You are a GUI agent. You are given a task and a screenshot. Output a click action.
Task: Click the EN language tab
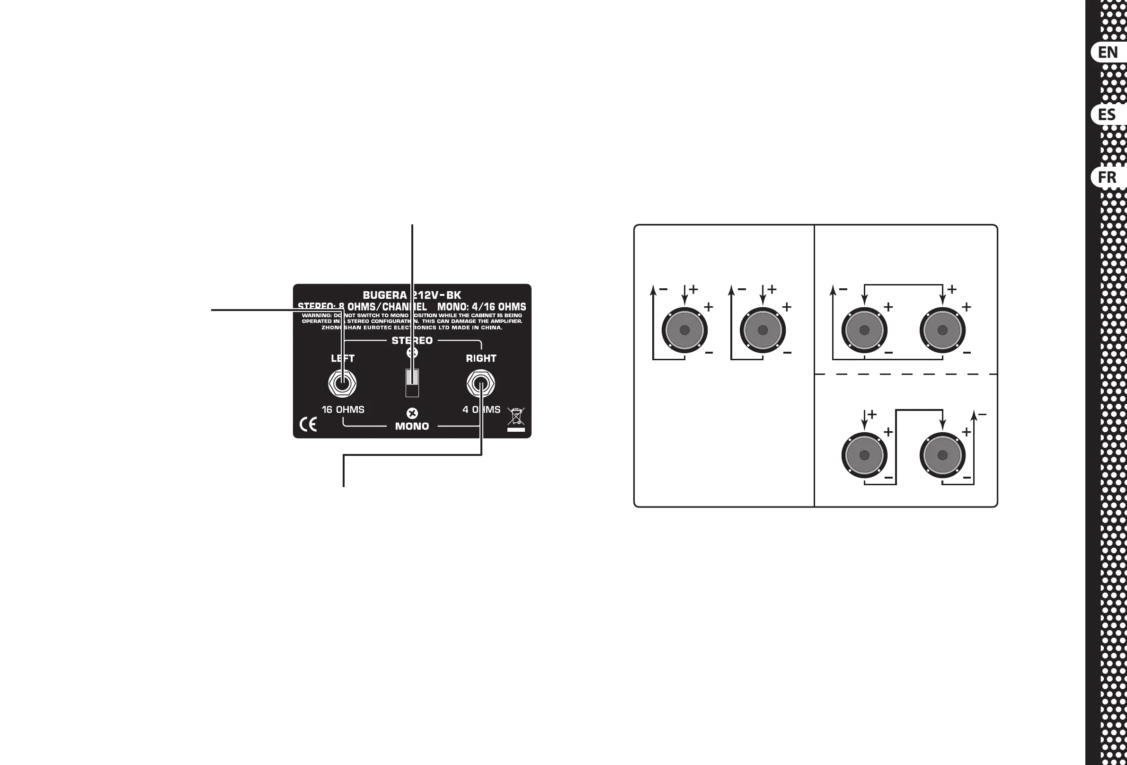coord(1108,52)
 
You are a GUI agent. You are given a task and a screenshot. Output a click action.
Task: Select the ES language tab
coord(1108,115)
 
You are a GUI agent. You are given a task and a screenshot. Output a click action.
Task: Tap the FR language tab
coord(1108,177)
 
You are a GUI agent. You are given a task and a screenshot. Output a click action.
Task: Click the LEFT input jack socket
coord(342,384)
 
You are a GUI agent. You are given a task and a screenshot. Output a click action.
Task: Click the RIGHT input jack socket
coord(480,384)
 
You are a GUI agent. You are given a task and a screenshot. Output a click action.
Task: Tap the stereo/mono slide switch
coord(412,383)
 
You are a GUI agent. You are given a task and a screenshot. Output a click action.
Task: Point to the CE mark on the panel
coord(309,425)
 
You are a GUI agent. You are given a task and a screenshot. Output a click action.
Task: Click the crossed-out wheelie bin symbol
coord(516,416)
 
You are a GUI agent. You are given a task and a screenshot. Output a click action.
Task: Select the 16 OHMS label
coord(343,409)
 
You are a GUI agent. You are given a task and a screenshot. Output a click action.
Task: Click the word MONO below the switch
coord(412,426)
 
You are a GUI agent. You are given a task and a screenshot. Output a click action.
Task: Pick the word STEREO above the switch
coord(412,340)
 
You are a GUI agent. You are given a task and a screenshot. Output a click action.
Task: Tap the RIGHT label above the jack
coord(481,358)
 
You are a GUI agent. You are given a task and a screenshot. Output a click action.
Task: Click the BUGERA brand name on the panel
coord(384,295)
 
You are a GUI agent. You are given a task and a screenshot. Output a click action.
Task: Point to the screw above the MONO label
coord(412,413)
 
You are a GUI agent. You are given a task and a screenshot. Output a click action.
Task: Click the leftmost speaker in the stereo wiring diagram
coord(684,330)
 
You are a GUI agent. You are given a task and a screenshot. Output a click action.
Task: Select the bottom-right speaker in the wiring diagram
coord(942,455)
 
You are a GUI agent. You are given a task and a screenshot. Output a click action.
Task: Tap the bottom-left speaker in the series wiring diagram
coord(864,455)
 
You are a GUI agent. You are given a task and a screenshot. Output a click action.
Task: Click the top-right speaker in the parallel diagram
coord(942,330)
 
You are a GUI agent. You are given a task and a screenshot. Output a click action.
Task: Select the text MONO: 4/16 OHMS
coord(481,307)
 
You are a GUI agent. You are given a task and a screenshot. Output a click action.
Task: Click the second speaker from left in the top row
coord(763,330)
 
